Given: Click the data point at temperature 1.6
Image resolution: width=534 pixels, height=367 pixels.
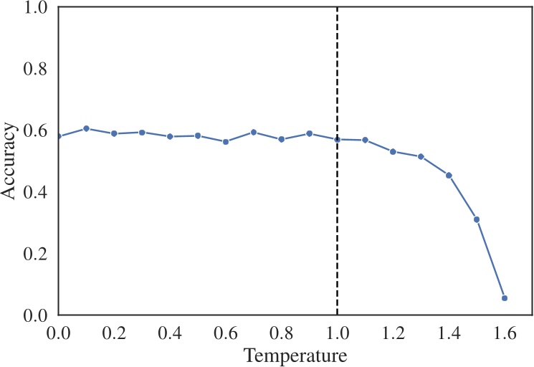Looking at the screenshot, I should (505, 298).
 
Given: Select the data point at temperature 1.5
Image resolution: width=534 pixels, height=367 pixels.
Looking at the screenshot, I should (477, 219).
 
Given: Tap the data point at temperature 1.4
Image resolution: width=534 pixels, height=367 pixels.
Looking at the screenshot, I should (449, 176).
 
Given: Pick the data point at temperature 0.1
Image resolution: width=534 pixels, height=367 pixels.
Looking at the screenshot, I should (86, 129).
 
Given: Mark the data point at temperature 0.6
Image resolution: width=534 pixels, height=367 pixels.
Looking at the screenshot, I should (226, 142).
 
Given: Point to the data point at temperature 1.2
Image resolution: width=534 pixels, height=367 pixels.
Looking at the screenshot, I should (393, 152).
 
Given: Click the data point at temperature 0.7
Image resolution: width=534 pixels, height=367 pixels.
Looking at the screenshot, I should (254, 133).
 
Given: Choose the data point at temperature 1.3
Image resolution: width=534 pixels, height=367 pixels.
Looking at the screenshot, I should (421, 157).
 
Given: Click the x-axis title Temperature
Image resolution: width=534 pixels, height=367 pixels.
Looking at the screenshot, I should (295, 355).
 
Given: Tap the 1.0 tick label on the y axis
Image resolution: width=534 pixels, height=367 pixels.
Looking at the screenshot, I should (34, 8).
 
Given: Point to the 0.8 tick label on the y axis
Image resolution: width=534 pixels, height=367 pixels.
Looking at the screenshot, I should (34, 70).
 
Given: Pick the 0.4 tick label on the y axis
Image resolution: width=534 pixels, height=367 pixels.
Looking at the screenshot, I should (34, 192).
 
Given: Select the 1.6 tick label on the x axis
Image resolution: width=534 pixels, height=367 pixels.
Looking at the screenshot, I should (505, 333).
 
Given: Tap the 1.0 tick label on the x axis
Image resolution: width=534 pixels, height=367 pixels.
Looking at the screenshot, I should (338, 333).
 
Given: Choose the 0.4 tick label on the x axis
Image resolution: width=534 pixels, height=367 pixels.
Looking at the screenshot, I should (170, 333).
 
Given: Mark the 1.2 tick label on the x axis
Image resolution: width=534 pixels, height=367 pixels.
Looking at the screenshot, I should (393, 333).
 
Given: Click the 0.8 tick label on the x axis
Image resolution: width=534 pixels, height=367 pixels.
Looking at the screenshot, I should (282, 333).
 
